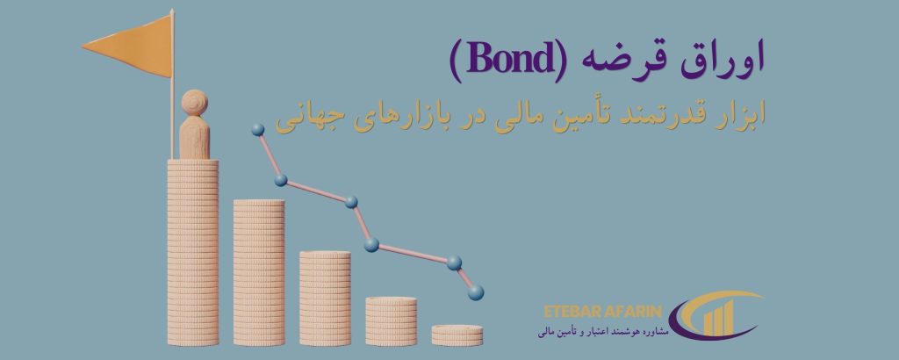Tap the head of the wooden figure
194,104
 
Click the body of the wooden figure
194,138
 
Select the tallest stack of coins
192,252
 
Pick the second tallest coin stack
259,272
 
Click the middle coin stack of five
325,298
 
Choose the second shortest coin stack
391,321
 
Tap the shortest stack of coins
457,335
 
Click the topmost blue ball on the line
258,130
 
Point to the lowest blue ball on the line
475,293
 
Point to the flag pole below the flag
172,118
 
